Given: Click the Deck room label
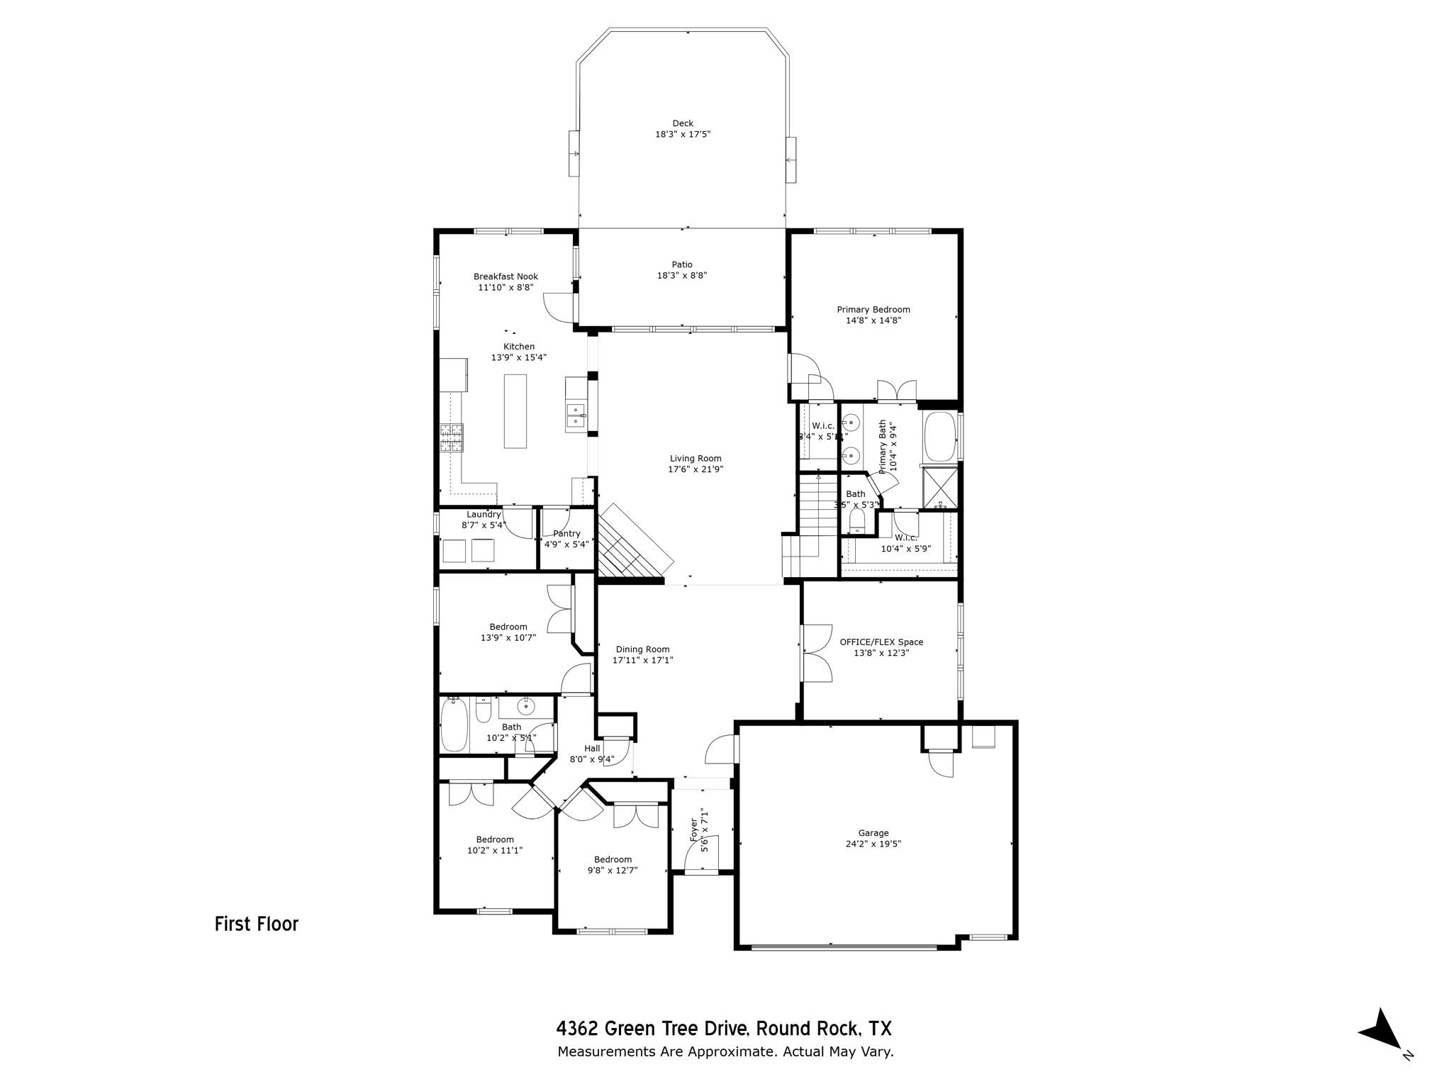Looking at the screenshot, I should [683, 123].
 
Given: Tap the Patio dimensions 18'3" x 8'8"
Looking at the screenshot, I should [682, 276].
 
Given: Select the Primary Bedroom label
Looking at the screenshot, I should [873, 310].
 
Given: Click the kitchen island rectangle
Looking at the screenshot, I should [515, 411].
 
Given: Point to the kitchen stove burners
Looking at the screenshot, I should [451, 437].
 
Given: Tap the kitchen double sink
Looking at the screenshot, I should [575, 416].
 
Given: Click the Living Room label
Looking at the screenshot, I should [695, 459].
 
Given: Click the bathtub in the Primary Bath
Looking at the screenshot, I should [939, 436].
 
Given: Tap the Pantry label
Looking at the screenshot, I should [566, 534].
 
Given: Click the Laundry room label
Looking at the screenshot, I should [484, 515].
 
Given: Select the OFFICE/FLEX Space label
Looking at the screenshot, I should [881, 642].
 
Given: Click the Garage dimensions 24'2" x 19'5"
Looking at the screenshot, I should [873, 844].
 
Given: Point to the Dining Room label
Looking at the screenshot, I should [642, 649].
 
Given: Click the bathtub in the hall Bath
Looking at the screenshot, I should [454, 725].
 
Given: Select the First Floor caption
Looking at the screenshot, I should [257, 925].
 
